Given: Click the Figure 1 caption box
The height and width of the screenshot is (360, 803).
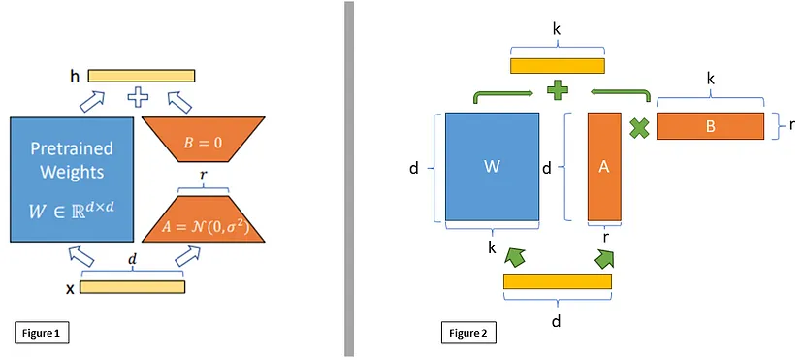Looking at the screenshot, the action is [x=42, y=334].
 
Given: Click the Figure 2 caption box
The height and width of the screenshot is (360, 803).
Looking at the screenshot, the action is [x=468, y=334].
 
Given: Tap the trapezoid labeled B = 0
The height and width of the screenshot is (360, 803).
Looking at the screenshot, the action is [x=204, y=140].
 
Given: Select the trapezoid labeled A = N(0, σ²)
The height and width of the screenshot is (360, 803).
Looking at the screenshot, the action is [x=204, y=218].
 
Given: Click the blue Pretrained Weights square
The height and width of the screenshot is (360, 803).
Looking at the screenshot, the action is [x=72, y=180].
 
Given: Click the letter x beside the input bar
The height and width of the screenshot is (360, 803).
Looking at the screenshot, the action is [x=70, y=289].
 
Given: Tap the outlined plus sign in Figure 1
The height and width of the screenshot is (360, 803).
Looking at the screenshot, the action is [x=138, y=97].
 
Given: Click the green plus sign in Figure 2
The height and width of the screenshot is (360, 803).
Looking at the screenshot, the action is [x=558, y=90].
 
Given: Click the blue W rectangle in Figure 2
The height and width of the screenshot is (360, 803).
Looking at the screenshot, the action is [x=492, y=167].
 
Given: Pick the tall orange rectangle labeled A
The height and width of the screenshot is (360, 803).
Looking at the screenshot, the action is [x=604, y=167].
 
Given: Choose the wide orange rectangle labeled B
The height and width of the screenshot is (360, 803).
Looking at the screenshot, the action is [x=710, y=126].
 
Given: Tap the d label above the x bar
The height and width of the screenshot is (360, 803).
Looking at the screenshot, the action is [x=133, y=260].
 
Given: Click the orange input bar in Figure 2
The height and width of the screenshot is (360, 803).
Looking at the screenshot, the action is [x=558, y=281].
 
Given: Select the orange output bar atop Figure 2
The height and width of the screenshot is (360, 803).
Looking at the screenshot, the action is [x=558, y=66].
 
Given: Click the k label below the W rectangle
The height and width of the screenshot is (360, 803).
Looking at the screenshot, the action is [x=492, y=247].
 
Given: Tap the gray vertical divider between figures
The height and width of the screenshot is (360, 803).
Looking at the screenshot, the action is [x=349, y=179].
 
